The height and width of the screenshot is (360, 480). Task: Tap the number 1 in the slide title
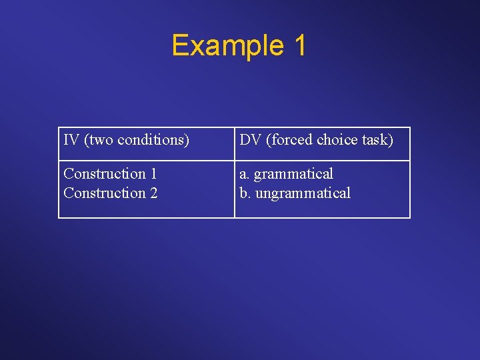click(x=299, y=45)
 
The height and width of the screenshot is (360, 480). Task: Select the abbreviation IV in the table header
click(x=71, y=140)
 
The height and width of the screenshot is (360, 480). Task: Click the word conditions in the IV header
click(x=153, y=140)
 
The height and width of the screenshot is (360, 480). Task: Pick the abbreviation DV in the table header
click(x=251, y=140)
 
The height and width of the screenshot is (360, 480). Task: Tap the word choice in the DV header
click(x=337, y=140)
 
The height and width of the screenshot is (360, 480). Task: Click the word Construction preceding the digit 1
click(x=105, y=174)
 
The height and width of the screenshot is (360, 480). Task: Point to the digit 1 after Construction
click(x=153, y=174)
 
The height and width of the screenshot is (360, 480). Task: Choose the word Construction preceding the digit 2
click(x=105, y=193)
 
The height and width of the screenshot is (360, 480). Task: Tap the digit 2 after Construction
click(x=153, y=193)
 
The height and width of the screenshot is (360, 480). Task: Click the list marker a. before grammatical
click(x=245, y=174)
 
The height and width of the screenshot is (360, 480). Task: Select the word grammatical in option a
click(x=293, y=175)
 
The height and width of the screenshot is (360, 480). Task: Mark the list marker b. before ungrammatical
click(x=245, y=193)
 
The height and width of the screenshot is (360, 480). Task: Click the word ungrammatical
click(x=302, y=194)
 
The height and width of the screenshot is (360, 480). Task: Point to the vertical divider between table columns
click(x=235, y=190)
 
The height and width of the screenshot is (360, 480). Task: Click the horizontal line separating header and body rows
click(x=147, y=161)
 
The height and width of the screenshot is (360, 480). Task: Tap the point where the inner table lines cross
click(x=235, y=161)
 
